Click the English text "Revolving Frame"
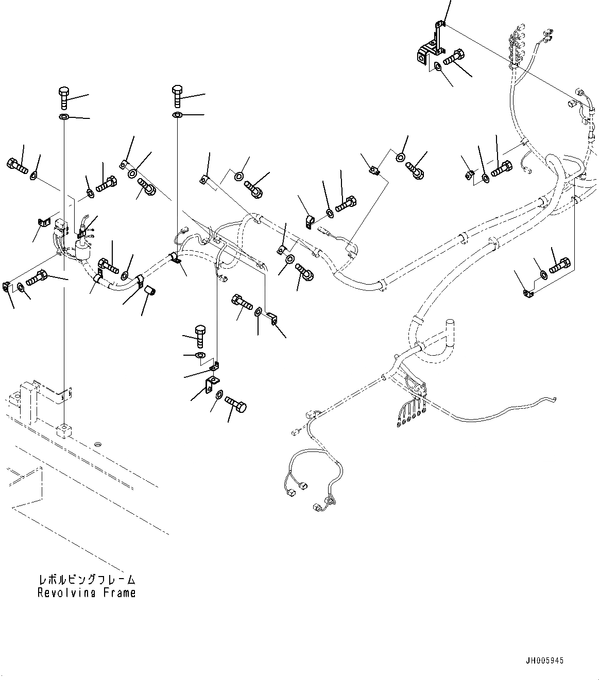click(x=87, y=592)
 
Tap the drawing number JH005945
click(x=545, y=660)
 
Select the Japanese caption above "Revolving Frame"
click(x=87, y=580)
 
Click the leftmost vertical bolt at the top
click(x=63, y=97)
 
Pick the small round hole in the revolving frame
click(x=98, y=444)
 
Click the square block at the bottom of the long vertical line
click(x=64, y=430)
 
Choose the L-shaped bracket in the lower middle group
click(x=211, y=384)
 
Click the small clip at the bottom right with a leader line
click(x=527, y=293)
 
